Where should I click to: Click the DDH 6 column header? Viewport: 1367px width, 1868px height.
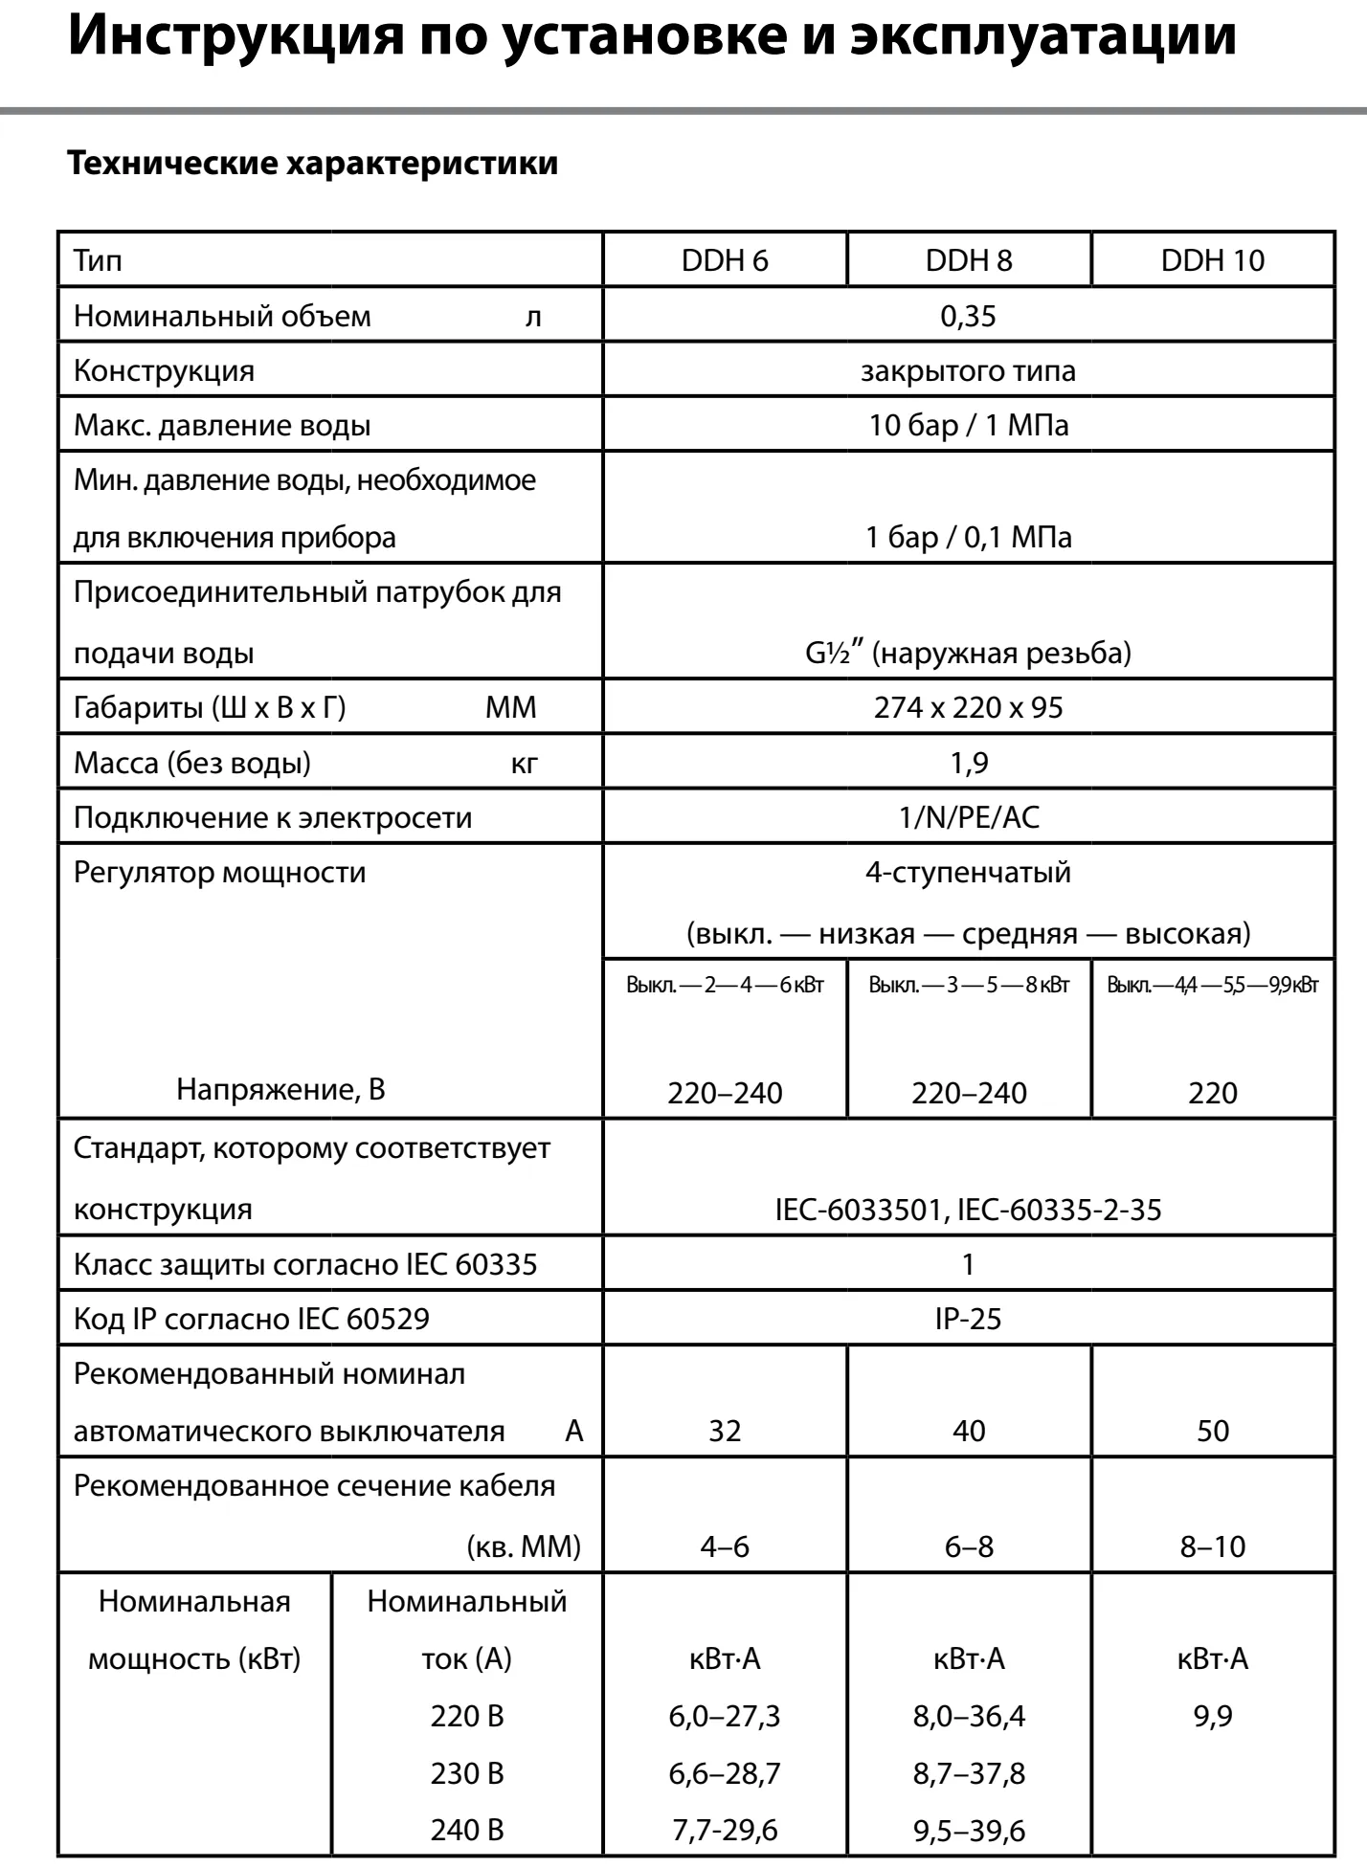[x=725, y=260]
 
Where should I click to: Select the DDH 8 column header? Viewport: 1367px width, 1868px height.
[x=968, y=260]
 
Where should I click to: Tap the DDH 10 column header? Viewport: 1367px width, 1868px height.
[x=1212, y=260]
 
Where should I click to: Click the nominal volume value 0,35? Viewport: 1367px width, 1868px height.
[x=968, y=316]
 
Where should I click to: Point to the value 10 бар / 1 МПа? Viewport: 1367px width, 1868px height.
[x=968, y=425]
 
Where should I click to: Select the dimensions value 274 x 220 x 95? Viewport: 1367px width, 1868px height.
[x=968, y=707]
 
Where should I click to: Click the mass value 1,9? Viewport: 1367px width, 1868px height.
[x=968, y=763]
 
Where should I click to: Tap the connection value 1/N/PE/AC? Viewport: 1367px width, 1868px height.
[x=968, y=817]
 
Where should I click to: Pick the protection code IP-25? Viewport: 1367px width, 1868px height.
[x=968, y=1319]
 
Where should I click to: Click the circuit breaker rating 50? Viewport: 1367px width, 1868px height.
[x=1212, y=1431]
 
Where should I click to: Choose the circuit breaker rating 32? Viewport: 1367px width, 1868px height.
[x=725, y=1431]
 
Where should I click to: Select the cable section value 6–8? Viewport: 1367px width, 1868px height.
[x=968, y=1546]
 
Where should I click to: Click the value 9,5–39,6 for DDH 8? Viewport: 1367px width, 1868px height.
[x=968, y=1831]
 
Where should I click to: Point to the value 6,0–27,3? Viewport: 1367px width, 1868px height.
[x=725, y=1716]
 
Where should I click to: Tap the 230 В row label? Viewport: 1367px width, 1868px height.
[x=467, y=1773]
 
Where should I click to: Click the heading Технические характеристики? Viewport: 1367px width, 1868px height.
[x=313, y=163]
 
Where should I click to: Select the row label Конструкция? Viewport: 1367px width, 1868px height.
[x=165, y=370]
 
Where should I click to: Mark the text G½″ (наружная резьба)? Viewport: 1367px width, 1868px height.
[x=968, y=653]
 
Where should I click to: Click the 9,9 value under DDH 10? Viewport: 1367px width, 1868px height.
[x=1212, y=1716]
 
